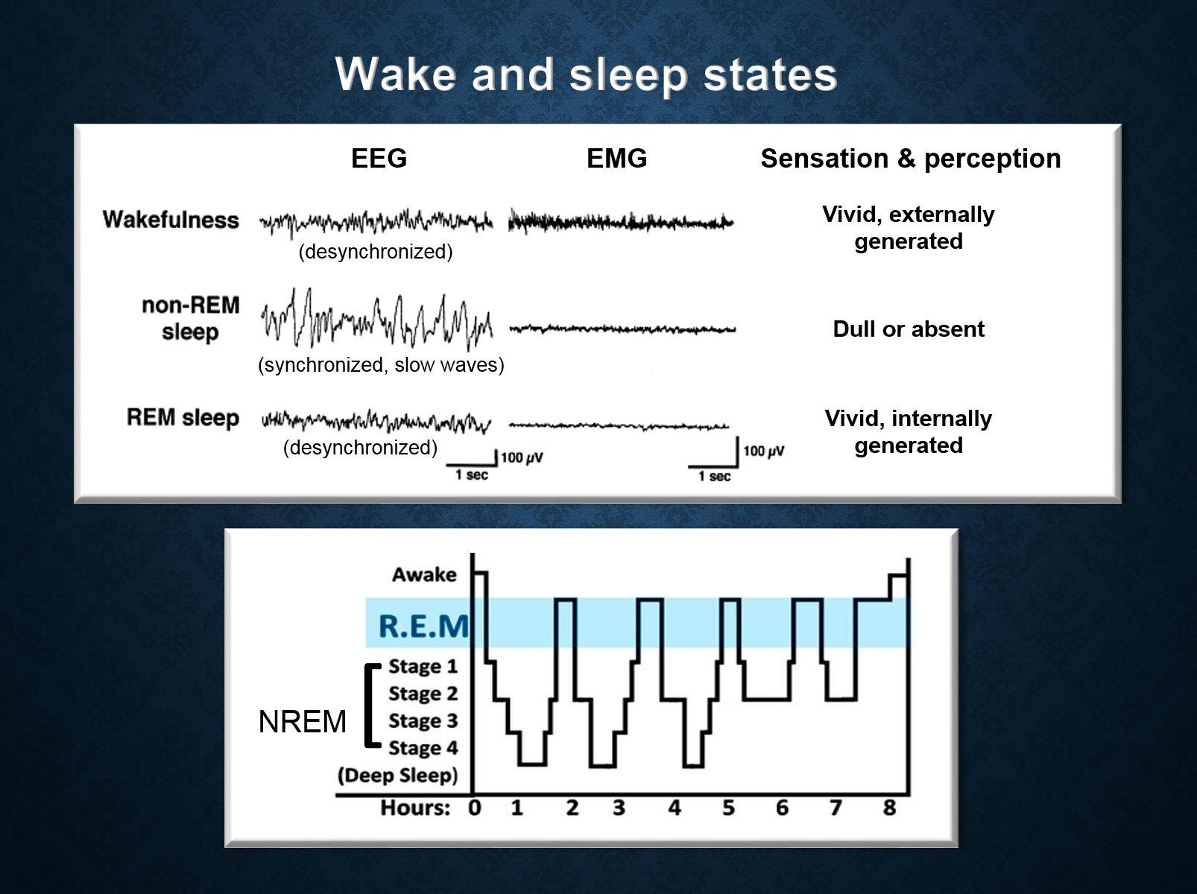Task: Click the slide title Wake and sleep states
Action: tap(587, 74)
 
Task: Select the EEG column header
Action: tap(379, 159)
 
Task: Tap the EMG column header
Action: tap(616, 159)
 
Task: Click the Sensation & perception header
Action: tap(910, 159)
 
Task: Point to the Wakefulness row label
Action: tap(171, 220)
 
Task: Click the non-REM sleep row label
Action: tap(190, 318)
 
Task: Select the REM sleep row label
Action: tap(183, 417)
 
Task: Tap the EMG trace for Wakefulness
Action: tap(620, 221)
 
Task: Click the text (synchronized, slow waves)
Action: tap(381, 365)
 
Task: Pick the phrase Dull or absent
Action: tap(908, 329)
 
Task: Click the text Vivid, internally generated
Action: tap(908, 431)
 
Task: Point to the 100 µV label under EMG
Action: tap(764, 451)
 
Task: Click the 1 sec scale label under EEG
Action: tap(472, 475)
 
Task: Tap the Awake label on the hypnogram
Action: tap(424, 574)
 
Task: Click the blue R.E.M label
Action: tap(423, 626)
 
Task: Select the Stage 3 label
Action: tap(423, 720)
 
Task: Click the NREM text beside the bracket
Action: tap(302, 722)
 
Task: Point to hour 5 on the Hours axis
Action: tap(728, 808)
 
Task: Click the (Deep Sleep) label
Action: tap(397, 775)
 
